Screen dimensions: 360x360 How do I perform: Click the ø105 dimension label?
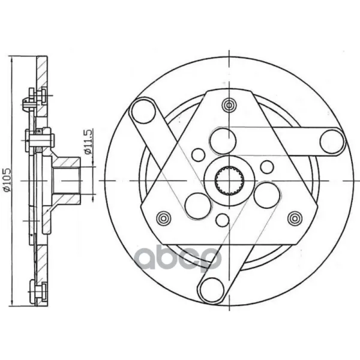[7, 180]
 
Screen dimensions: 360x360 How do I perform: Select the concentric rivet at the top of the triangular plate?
[229, 105]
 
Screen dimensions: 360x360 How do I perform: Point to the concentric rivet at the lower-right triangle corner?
[295, 218]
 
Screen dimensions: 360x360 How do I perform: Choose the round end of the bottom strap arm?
[212, 290]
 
